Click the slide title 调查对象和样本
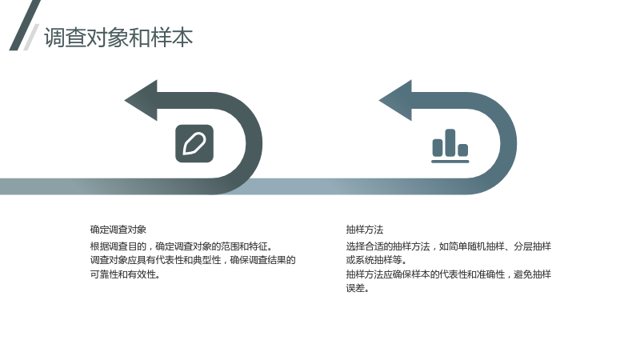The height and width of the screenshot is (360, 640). point(118,38)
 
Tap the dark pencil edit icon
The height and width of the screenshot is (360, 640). point(194,144)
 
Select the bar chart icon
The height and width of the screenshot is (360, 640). point(450,146)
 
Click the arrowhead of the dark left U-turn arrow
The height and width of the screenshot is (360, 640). point(142,101)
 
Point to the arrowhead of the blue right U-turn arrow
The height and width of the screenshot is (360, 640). point(396,101)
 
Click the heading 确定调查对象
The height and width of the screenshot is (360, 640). point(118,230)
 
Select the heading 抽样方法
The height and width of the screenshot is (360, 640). point(365,230)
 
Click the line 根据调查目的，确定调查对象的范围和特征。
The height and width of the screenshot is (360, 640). point(182,246)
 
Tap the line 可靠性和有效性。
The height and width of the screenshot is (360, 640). point(126,274)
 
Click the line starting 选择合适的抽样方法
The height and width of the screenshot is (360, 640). point(449,246)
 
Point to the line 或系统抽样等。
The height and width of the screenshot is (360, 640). point(376,260)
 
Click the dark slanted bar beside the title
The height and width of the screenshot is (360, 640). point(25,26)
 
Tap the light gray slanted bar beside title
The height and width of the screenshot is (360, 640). point(31,37)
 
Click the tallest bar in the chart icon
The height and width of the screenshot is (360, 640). point(450,142)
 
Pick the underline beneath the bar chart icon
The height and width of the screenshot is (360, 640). point(450,162)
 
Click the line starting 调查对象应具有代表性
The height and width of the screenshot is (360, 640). point(193,261)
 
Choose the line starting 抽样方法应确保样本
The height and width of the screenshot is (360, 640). point(449,274)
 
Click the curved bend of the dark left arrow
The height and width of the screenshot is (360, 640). point(254,144)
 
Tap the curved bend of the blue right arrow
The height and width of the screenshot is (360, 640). point(509,144)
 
